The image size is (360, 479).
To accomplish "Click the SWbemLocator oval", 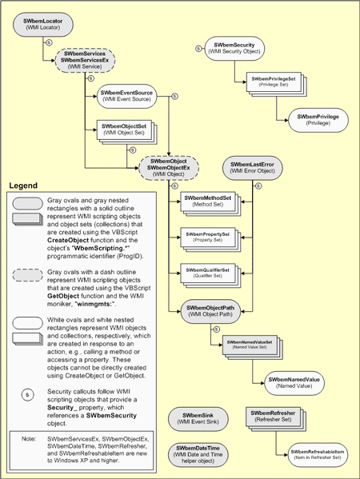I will tap(42, 22).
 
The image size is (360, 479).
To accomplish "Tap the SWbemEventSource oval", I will tap(126, 97).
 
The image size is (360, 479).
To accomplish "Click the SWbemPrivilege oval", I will tap(317, 120).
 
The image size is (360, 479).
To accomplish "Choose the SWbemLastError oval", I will tap(254, 167).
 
